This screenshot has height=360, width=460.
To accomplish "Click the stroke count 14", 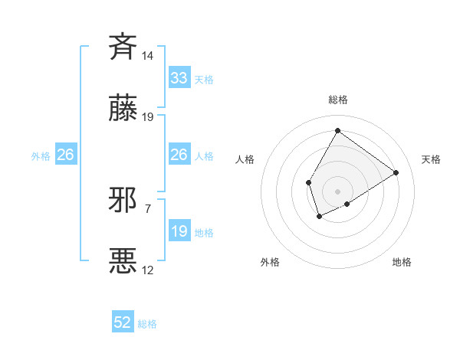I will (x=147, y=56).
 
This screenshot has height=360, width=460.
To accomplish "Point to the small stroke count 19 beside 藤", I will (x=148, y=117).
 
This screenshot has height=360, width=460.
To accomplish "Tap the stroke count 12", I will (x=148, y=270).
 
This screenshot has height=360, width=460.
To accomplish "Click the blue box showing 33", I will (x=179, y=78).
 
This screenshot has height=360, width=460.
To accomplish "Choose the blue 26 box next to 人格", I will (x=179, y=155).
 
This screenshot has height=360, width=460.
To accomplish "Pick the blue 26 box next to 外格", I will (x=66, y=155).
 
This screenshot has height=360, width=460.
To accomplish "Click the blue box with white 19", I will (x=179, y=231).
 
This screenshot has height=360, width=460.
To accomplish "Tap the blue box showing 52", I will (x=123, y=322).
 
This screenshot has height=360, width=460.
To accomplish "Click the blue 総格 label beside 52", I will (x=147, y=324).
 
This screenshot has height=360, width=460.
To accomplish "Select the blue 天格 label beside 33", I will (x=203, y=80).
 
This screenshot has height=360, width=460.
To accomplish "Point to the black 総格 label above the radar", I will (x=337, y=100).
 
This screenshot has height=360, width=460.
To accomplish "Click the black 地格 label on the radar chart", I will (x=402, y=262).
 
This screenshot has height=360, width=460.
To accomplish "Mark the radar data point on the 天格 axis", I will (x=396, y=172).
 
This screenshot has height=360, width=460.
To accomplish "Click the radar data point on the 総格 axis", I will (x=337, y=131).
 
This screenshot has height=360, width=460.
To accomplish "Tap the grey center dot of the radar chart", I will (x=337, y=191).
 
